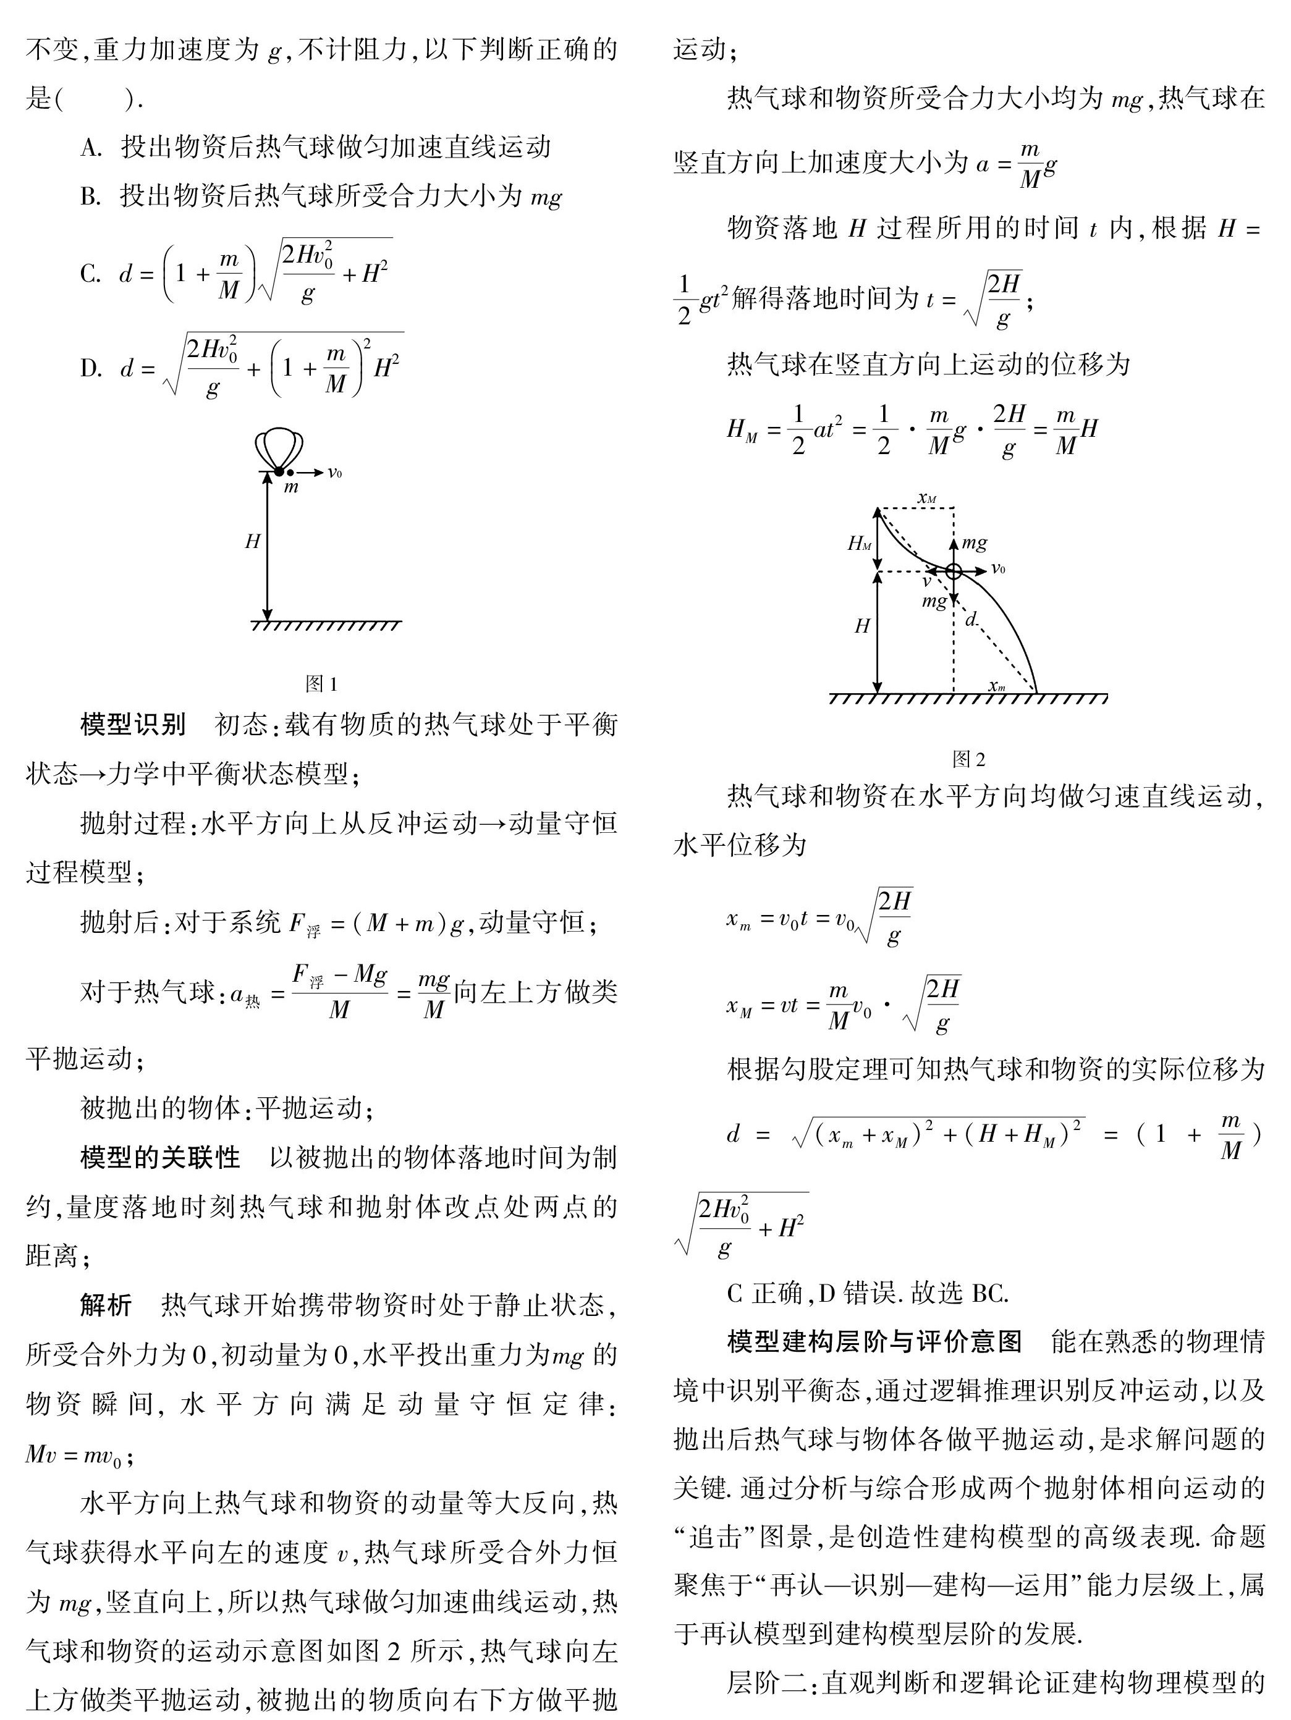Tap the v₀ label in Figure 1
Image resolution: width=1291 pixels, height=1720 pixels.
[334, 472]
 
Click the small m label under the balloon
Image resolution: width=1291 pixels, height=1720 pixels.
[291, 487]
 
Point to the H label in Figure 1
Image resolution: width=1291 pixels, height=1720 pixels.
[252, 542]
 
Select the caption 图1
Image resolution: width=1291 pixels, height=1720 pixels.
[322, 685]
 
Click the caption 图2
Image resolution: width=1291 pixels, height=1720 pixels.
[968, 759]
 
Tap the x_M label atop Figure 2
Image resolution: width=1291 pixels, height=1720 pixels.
[926, 497]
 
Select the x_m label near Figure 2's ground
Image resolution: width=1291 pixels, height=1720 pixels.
[996, 685]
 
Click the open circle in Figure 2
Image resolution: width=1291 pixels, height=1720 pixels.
[954, 571]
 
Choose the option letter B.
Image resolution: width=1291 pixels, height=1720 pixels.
[90, 196]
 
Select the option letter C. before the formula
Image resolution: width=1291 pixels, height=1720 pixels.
[90, 274]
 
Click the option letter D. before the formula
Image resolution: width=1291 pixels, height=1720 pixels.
[90, 368]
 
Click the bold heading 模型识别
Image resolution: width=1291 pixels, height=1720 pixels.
[133, 725]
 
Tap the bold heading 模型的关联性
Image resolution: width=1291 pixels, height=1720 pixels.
[160, 1157]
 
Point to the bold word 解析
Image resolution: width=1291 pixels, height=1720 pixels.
[106, 1305]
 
